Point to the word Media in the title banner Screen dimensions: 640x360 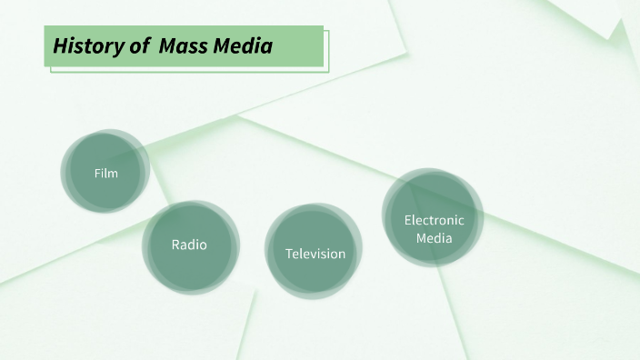click(243, 45)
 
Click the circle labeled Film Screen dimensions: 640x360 click(105, 172)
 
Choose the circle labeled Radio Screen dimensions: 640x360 click(190, 245)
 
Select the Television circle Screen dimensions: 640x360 click(315, 253)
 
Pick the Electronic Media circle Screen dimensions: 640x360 click(434, 218)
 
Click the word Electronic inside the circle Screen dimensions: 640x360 click(434, 220)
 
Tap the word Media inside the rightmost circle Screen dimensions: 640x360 click(434, 238)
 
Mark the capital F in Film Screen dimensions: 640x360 click(96, 173)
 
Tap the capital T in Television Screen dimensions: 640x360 click(289, 254)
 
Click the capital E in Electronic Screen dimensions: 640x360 click(407, 220)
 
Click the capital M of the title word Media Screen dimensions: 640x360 click(223, 45)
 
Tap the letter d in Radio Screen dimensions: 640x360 click(194, 245)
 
